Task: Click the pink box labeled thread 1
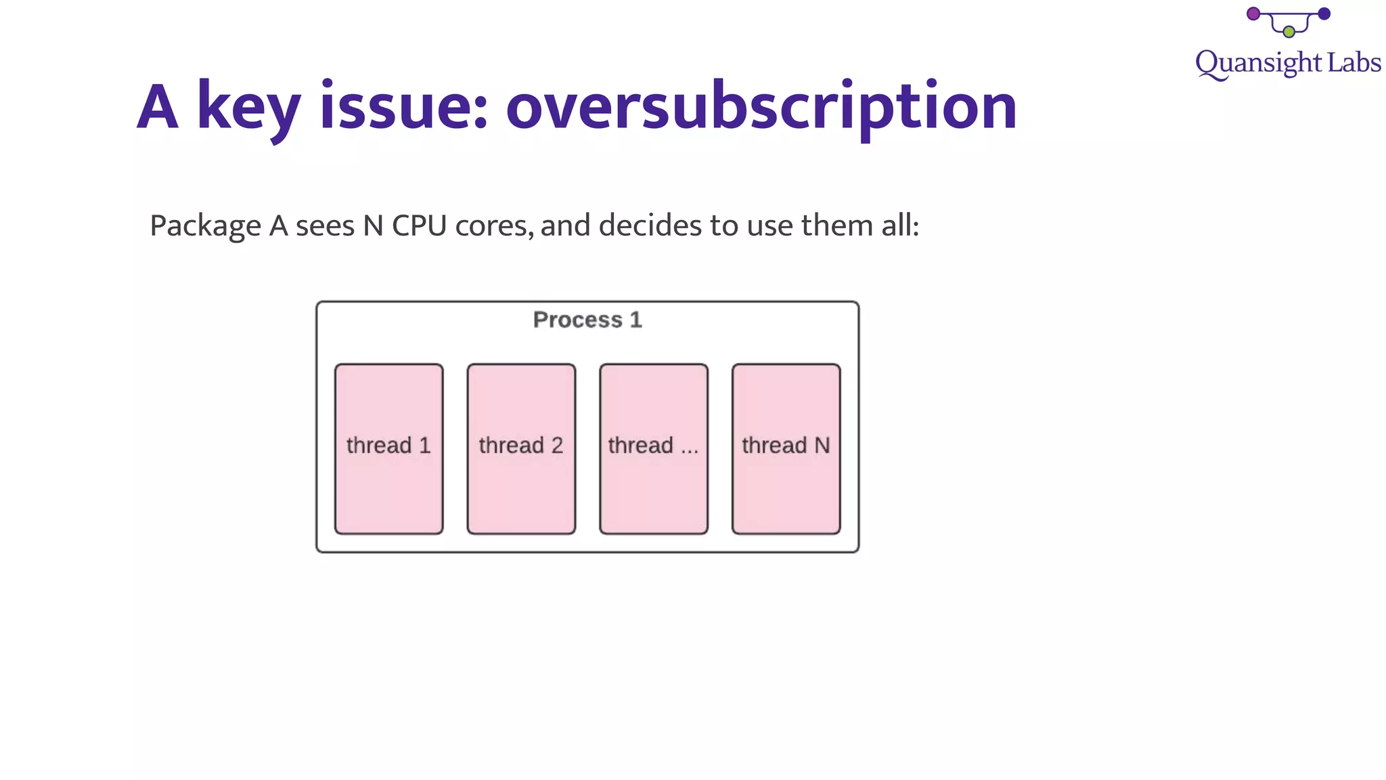coord(388,449)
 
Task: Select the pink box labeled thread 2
coord(521,449)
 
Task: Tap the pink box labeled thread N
coord(786,449)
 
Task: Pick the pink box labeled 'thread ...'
coord(654,449)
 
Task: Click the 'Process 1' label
coord(587,320)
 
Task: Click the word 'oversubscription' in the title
coord(761,107)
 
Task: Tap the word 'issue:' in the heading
coord(404,107)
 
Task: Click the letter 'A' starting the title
coord(158,107)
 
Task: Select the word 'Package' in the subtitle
coord(205,226)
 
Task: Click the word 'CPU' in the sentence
coord(419,225)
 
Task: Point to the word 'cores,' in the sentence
coord(494,226)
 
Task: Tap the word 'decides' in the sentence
coord(650,225)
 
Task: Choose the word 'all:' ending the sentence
coord(900,225)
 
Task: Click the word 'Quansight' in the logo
coord(1258,64)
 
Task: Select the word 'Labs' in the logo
coord(1354,62)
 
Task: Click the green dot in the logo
coord(1289,32)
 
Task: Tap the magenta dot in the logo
coord(1253,14)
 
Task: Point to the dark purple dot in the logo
coord(1324,14)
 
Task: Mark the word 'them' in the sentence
coord(836,225)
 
